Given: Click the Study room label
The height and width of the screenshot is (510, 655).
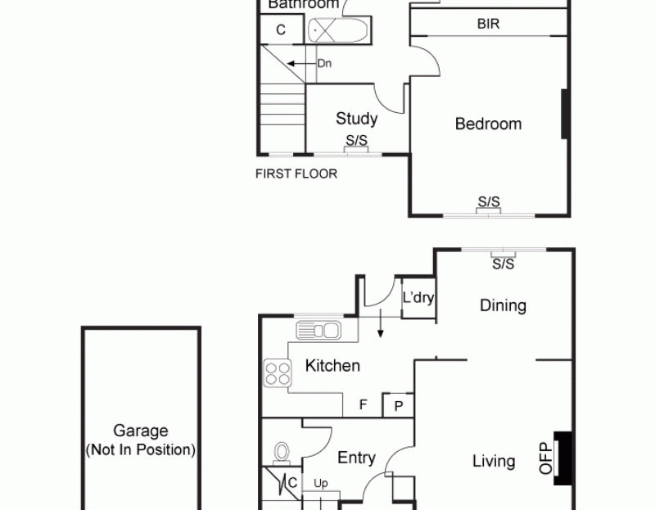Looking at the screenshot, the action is pyautogui.click(x=356, y=119).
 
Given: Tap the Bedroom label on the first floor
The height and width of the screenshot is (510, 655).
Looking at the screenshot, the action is pyautogui.click(x=488, y=124).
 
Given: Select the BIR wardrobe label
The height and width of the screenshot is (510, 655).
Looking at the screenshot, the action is pyautogui.click(x=488, y=24).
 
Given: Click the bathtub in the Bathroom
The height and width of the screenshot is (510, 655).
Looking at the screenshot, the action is pyautogui.click(x=337, y=30).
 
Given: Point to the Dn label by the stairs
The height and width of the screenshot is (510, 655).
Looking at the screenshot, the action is pyautogui.click(x=324, y=64).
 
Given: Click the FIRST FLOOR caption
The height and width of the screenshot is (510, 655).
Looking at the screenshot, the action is pyautogui.click(x=296, y=174).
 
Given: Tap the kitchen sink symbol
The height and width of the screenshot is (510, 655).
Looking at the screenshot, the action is pyautogui.click(x=318, y=330).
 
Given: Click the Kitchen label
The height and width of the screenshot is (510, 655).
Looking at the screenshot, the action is pyautogui.click(x=332, y=366).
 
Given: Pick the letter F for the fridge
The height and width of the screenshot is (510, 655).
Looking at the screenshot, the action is pyautogui.click(x=363, y=404).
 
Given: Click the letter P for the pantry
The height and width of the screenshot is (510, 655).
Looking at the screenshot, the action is pyautogui.click(x=399, y=406).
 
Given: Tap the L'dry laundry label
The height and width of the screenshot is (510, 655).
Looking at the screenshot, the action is pyautogui.click(x=418, y=298).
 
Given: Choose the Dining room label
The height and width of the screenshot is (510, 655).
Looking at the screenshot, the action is pyautogui.click(x=503, y=305).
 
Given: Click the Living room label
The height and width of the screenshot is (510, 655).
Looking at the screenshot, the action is pyautogui.click(x=494, y=461).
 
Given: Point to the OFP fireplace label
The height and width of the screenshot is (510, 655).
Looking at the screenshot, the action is pyautogui.click(x=545, y=458).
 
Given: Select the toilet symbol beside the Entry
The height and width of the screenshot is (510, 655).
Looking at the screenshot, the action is pyautogui.click(x=282, y=454).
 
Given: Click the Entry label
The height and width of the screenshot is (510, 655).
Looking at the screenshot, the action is pyautogui.click(x=356, y=458).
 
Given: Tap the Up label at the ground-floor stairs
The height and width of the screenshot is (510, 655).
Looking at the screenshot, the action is pyautogui.click(x=321, y=484).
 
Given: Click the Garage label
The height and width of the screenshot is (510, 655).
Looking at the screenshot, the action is pyautogui.click(x=141, y=431).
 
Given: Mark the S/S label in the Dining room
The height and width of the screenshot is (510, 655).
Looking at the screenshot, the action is pyautogui.click(x=503, y=264).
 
